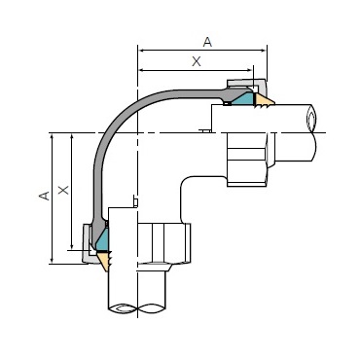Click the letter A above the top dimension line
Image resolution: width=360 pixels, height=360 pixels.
[207, 42]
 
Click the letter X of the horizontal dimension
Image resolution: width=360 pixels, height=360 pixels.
[197, 61]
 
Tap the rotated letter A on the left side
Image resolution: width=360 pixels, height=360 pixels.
[45, 196]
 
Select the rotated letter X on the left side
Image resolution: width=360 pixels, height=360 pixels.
[63, 190]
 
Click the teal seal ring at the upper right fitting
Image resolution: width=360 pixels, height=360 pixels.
[243, 99]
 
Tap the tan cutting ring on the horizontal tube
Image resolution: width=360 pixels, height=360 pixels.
[264, 99]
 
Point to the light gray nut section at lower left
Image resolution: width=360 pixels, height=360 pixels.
[88, 243]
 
